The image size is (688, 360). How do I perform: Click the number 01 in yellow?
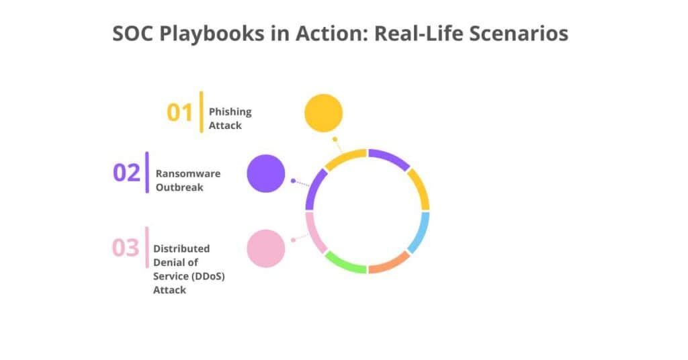[x=179, y=112]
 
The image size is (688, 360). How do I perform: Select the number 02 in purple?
[x=126, y=173]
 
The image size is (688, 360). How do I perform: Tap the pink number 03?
[x=125, y=247]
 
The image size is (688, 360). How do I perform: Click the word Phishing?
[x=230, y=112]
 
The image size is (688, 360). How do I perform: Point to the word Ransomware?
[x=188, y=174]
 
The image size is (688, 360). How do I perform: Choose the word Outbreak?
[x=179, y=187]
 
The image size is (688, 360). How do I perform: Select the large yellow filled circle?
[x=324, y=113]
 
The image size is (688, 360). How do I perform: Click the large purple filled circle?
[x=266, y=173]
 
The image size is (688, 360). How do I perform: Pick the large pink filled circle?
[x=266, y=249]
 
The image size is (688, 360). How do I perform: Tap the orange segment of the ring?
[x=389, y=263]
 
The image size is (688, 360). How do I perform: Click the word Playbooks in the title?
[x=206, y=34]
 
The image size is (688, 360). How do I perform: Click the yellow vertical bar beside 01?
[x=201, y=111]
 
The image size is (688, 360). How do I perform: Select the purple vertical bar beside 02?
[x=147, y=173]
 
